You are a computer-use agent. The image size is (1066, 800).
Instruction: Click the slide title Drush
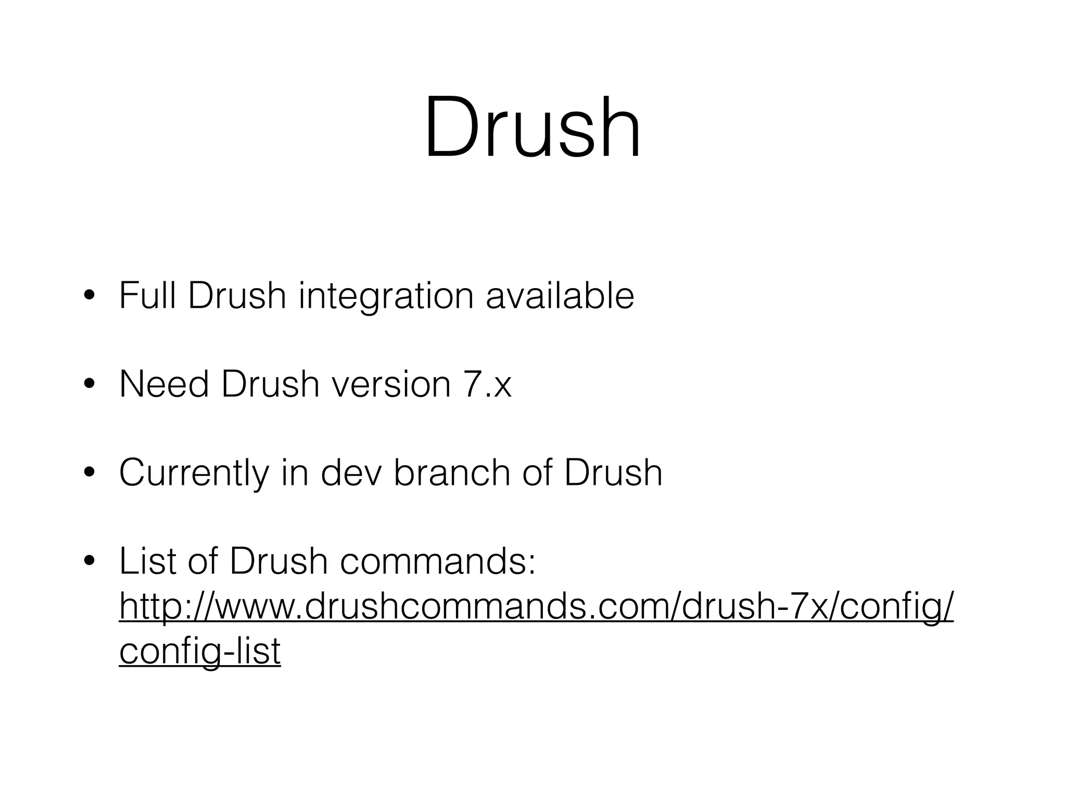[x=532, y=128]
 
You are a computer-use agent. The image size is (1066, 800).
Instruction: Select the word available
[x=560, y=296]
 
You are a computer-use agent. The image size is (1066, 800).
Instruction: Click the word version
[x=391, y=384]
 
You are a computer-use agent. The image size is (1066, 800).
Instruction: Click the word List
[x=147, y=561]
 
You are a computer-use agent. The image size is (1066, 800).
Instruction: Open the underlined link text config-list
[x=200, y=651]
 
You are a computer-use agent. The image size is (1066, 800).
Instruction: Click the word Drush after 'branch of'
[x=613, y=473]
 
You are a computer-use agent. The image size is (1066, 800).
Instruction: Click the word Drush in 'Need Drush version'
[x=270, y=384]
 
